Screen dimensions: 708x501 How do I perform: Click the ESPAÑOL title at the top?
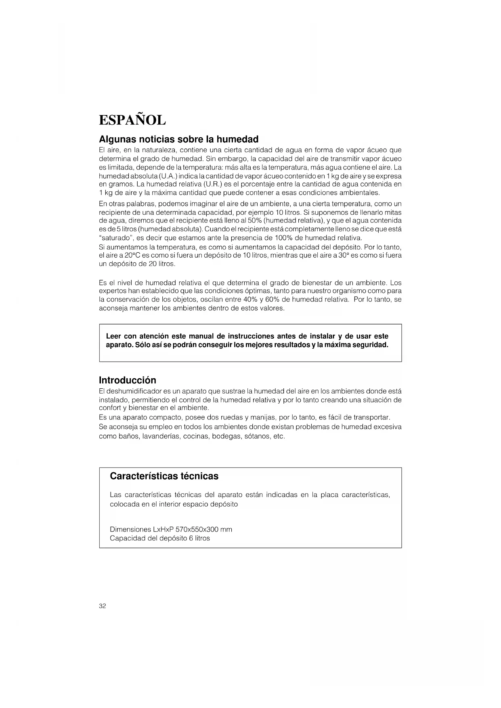pyautogui.click(x=132, y=120)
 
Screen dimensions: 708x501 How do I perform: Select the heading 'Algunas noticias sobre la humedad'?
pyautogui.click(x=178, y=139)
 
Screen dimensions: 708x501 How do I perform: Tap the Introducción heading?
pyautogui.click(x=127, y=380)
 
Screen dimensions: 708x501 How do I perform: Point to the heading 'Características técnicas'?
pyautogui.click(x=164, y=476)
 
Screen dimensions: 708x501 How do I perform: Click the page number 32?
pyautogui.click(x=102, y=606)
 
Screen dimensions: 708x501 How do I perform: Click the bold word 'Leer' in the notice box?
pyautogui.click(x=113, y=336)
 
